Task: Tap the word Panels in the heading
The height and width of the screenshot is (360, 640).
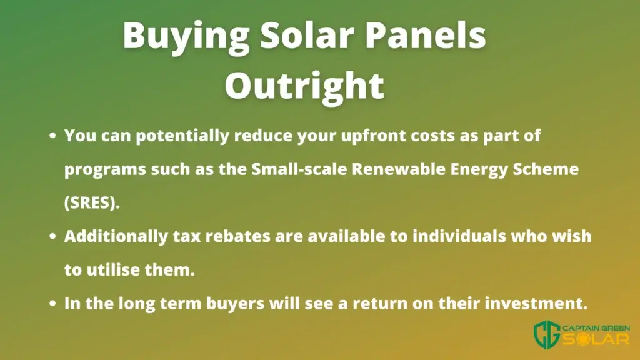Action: coord(425,34)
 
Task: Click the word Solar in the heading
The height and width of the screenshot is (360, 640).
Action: coord(307,34)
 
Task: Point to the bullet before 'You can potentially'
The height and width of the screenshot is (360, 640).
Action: coord(52,135)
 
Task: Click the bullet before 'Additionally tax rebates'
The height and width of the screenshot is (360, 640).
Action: coord(52,236)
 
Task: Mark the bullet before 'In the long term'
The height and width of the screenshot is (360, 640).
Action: coord(52,303)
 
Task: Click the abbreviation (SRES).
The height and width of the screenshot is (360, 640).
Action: coord(92,202)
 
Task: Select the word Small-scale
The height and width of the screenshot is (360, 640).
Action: coord(299,169)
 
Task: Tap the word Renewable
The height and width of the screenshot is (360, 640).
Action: coord(399,169)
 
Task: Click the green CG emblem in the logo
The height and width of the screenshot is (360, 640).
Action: coord(547,335)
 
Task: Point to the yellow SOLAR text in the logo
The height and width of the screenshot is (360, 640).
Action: coord(596,339)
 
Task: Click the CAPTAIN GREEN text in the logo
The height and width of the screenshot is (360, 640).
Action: coord(596,327)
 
